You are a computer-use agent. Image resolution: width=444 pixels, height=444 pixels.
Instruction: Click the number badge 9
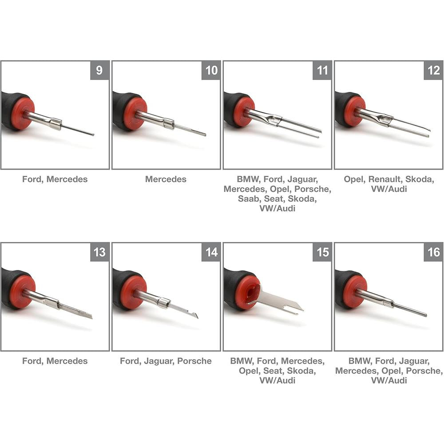coord(99,70)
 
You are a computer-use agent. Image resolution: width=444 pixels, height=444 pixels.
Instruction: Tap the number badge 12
coord(433,70)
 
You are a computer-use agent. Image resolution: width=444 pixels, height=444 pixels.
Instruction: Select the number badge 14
coord(211,252)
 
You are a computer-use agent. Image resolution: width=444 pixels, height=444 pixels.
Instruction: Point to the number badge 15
coord(322,252)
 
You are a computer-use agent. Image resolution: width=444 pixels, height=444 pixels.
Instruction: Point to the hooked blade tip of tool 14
coord(195,315)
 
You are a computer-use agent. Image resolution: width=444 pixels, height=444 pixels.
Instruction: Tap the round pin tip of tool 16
coord(425,315)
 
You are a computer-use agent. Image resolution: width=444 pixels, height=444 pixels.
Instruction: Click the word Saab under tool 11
coord(250,198)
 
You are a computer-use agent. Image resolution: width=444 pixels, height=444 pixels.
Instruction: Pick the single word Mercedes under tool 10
coord(166,179)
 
